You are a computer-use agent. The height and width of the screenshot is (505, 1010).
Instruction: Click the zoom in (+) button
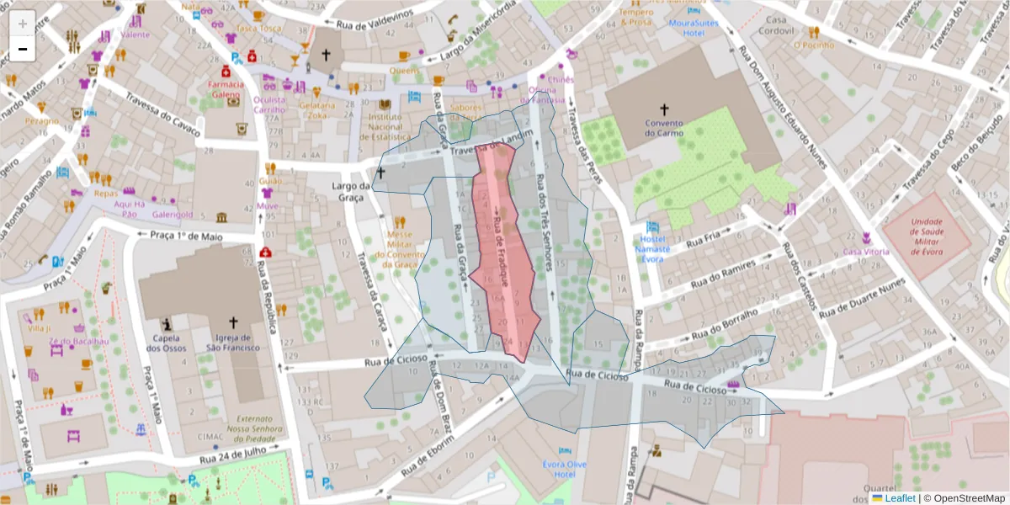point(22,24)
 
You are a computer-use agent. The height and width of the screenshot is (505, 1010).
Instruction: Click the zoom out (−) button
point(22,50)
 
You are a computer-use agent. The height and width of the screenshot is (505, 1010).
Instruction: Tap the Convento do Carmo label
point(664,127)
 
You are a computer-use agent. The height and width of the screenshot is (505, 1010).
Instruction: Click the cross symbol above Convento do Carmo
point(664,109)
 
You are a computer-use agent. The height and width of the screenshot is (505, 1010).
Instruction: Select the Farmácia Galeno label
point(226,89)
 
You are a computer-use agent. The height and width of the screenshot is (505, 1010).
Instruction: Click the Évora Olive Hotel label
point(564,469)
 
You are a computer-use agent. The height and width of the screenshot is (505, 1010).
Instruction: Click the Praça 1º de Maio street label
point(186,237)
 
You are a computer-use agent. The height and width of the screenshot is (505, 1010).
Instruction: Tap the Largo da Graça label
point(351,191)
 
